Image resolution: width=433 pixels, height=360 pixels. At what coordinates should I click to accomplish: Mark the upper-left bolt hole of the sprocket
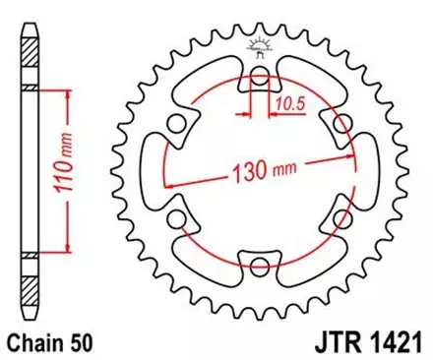[x=178, y=125]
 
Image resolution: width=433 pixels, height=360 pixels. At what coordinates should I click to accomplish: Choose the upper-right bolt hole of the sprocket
[x=340, y=125]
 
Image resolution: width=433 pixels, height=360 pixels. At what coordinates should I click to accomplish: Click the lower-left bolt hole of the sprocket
[x=178, y=217]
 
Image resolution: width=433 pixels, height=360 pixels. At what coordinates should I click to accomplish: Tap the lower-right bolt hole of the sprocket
[x=340, y=217]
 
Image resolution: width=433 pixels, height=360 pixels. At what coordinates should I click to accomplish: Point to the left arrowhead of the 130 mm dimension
[x=169, y=184]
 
